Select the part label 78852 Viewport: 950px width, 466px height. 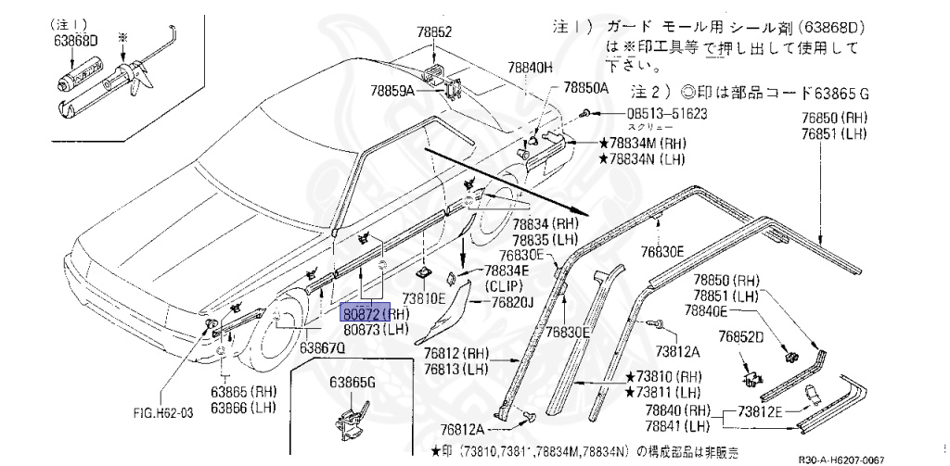[434, 31]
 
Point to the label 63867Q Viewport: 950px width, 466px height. [323, 348]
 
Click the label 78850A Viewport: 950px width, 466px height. [585, 88]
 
